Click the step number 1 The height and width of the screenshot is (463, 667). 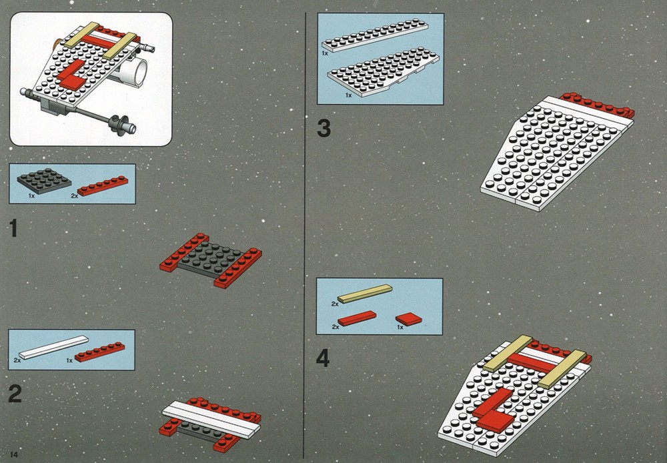coord(13,228)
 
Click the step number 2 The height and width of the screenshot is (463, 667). coord(15,394)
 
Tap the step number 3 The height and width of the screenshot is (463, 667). coord(323,128)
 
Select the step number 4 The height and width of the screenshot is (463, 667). coord(323,358)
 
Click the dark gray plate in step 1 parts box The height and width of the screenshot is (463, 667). coord(44,180)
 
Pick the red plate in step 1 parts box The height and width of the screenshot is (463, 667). coord(103,186)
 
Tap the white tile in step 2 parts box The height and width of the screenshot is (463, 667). coord(53,347)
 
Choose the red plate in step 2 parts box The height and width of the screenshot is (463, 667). coord(100,352)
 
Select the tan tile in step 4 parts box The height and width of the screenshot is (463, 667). coord(365,294)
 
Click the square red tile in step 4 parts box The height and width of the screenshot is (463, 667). coord(408,319)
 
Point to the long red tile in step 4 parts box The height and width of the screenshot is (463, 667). coord(357,318)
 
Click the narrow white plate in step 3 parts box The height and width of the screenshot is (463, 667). coord(375,35)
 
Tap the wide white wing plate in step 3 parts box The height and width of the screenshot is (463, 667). coord(384,72)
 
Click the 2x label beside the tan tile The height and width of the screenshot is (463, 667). coord(335,304)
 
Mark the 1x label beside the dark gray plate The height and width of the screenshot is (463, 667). coord(31,195)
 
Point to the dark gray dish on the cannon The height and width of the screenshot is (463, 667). coord(116,124)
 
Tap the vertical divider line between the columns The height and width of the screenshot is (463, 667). coord(305,236)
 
